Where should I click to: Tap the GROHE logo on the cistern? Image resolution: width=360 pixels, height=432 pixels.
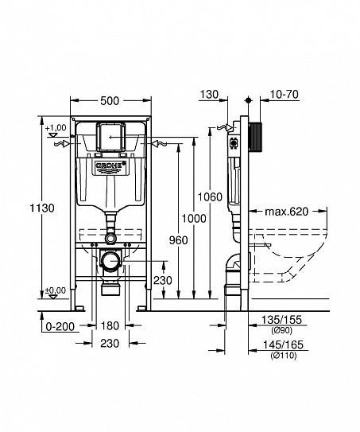[x=110, y=166]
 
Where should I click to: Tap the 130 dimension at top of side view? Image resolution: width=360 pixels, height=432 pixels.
[x=208, y=94]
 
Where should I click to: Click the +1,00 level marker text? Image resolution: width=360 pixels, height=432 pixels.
[x=56, y=128]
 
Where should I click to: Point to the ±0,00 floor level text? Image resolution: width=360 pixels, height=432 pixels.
[x=56, y=291]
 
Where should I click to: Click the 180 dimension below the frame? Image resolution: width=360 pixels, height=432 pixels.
[x=110, y=325]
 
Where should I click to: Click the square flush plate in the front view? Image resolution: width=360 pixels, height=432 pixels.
[x=110, y=136]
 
